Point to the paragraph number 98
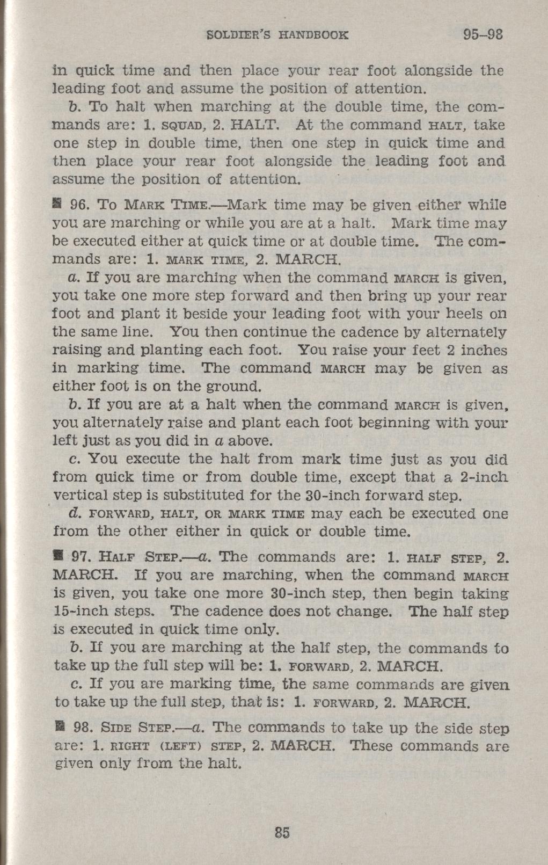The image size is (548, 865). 82,728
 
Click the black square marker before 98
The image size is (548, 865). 60,728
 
